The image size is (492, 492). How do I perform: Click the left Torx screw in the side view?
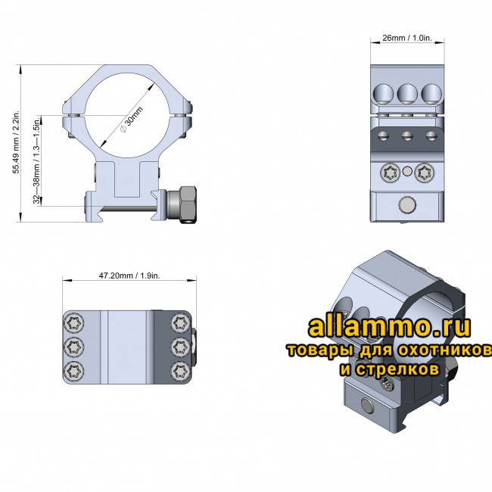click(391, 173)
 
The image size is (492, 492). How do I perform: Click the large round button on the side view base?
click(406, 204)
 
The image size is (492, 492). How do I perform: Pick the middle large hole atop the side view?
click(406, 93)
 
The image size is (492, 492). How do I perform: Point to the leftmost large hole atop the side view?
click(382, 93)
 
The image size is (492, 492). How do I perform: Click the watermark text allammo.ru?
click(389, 327)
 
